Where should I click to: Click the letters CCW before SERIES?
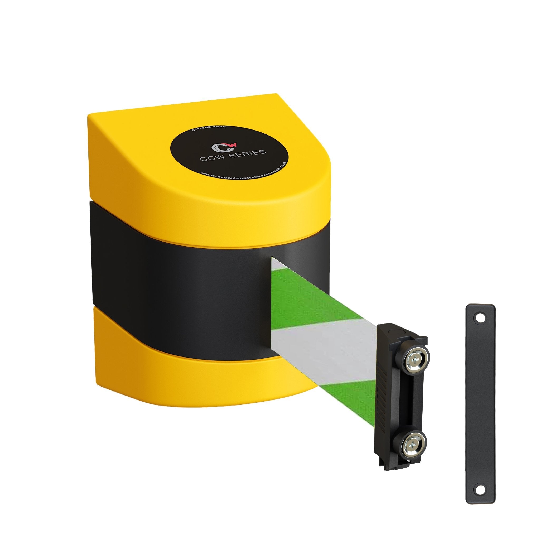pyautogui.click(x=214, y=158)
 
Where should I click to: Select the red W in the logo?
pyautogui.click(x=233, y=144)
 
